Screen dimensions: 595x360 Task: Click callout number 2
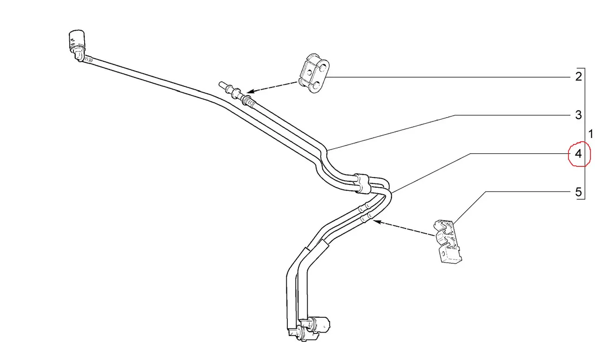point(579,77)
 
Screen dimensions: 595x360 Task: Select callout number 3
point(579,115)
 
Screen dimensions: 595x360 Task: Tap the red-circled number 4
point(578,154)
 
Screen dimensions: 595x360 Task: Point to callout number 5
point(579,192)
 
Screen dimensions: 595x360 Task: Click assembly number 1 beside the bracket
point(590,134)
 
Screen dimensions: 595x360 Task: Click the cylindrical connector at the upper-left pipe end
point(77,40)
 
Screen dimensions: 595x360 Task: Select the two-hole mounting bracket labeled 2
point(314,73)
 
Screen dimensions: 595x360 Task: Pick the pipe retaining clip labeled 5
point(447,241)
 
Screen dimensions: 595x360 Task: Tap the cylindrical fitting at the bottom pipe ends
point(316,325)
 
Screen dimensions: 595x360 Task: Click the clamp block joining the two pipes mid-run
point(362,183)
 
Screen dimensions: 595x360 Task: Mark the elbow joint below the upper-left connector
point(79,56)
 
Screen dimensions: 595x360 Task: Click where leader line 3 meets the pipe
point(327,151)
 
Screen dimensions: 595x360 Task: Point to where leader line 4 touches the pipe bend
point(391,192)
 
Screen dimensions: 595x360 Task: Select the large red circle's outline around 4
point(579,154)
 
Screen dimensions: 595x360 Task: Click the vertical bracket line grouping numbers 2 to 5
point(585,133)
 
